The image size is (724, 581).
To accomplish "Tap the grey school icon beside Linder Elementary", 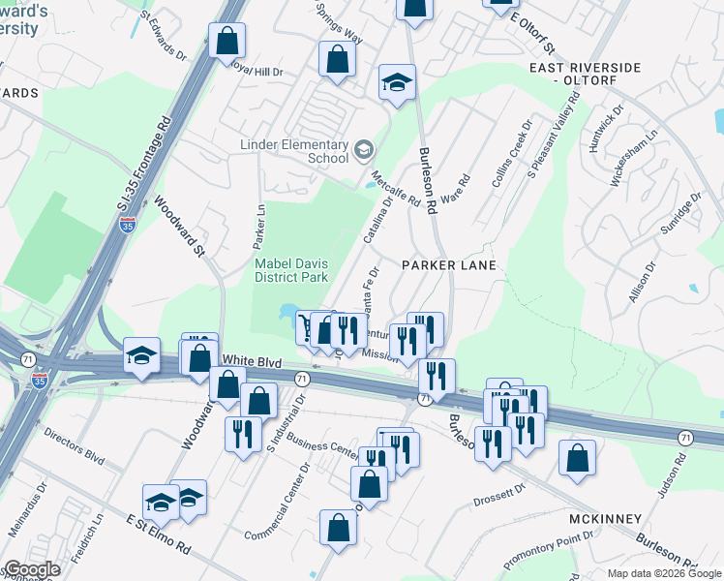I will pyautogui.click(x=363, y=148).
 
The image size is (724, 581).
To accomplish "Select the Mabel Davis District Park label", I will pyautogui.click(x=293, y=270).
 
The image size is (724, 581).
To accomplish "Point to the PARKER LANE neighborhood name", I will pyautogui.click(x=449, y=265).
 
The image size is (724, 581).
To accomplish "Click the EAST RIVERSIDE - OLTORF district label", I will pyautogui.click(x=585, y=74).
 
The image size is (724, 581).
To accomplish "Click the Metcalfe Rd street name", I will pyautogui.click(x=395, y=189).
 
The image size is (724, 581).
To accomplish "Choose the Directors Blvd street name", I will pyautogui.click(x=75, y=446).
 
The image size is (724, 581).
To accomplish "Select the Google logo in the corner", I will pyautogui.click(x=31, y=569).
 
